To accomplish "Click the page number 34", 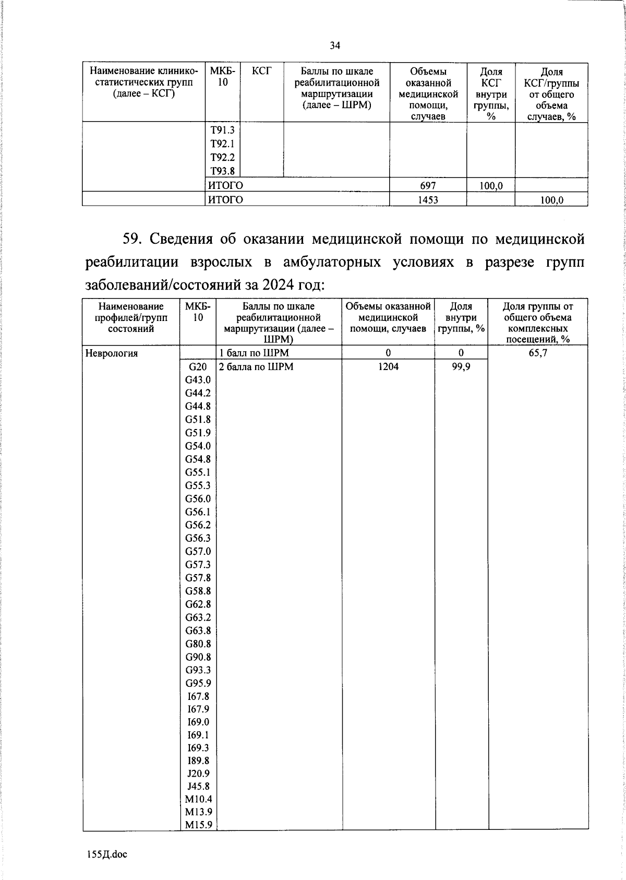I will pyautogui.click(x=335, y=46).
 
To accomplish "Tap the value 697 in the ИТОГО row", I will pyautogui.click(x=428, y=186).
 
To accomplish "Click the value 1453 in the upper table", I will pyautogui.click(x=428, y=200).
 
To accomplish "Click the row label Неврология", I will pyautogui.click(x=112, y=353).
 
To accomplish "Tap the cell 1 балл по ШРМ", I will pyautogui.click(x=254, y=353).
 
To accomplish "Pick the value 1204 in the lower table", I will pyautogui.click(x=388, y=367).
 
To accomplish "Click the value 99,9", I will pyautogui.click(x=461, y=367).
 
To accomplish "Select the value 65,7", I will pyautogui.click(x=538, y=353).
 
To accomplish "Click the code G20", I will pyautogui.click(x=198, y=367).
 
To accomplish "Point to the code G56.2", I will pyautogui.click(x=198, y=525).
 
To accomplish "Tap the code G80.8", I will pyautogui.click(x=198, y=644).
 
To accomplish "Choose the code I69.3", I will pyautogui.click(x=198, y=748).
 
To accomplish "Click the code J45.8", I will pyautogui.click(x=198, y=787).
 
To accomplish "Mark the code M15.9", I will pyautogui.click(x=198, y=825).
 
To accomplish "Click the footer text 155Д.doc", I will pyautogui.click(x=107, y=854).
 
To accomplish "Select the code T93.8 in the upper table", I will pyautogui.click(x=222, y=171).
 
